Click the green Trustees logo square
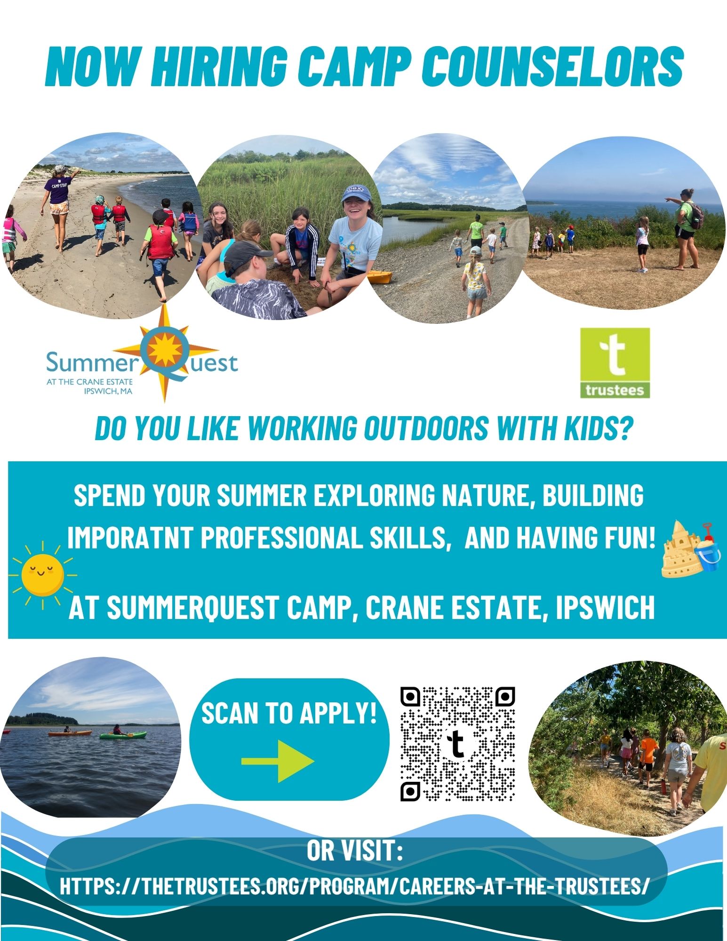(615, 363)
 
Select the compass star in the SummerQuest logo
(165, 353)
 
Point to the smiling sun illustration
(43, 575)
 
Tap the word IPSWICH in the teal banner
(605, 608)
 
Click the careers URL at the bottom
(354, 886)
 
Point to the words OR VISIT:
(355, 851)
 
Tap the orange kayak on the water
(64, 732)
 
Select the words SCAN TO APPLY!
(289, 713)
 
